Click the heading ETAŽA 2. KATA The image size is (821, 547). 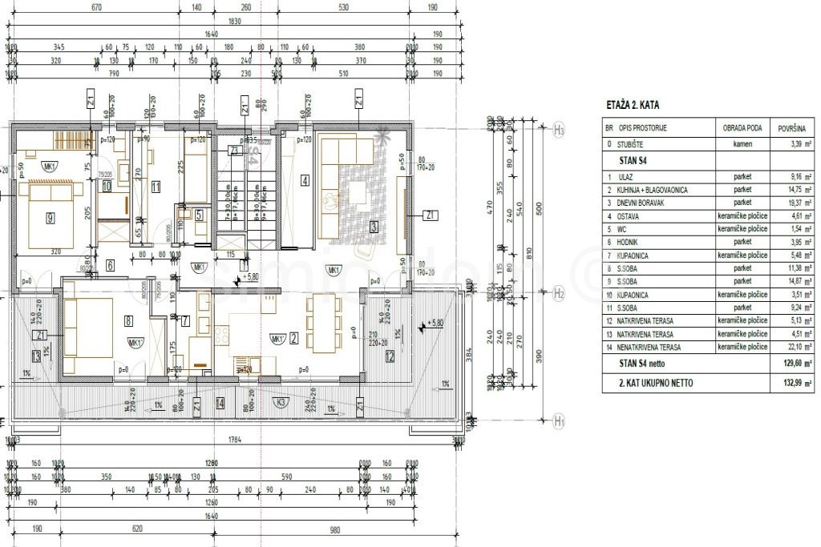click(x=634, y=106)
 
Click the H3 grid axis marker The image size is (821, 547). click(x=559, y=130)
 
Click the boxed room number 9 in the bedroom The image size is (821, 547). click(x=50, y=217)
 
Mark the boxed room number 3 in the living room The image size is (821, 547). click(x=374, y=227)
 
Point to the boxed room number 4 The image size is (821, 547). click(x=305, y=180)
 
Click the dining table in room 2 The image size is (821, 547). click(x=324, y=322)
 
